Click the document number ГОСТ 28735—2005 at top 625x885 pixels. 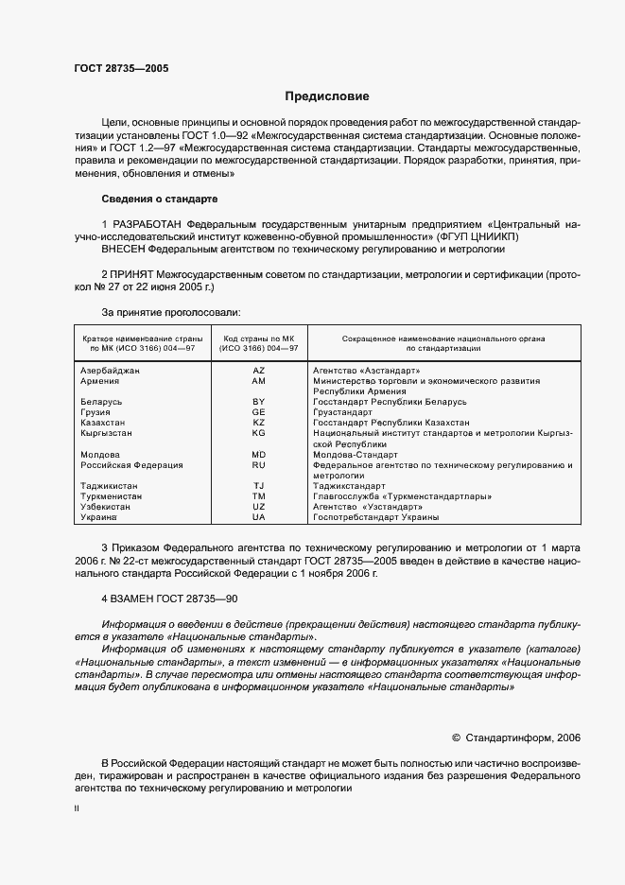122,69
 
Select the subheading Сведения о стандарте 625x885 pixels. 159,200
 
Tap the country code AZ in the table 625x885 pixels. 258,371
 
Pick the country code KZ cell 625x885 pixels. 258,423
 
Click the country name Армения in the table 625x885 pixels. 100,381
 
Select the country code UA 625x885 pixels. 258,518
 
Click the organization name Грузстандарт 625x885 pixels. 344,412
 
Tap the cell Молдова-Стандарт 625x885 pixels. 356,455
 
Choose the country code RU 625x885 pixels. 258,465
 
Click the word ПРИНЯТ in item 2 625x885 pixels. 134,273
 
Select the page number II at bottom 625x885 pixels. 77,809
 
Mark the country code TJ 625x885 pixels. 258,486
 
